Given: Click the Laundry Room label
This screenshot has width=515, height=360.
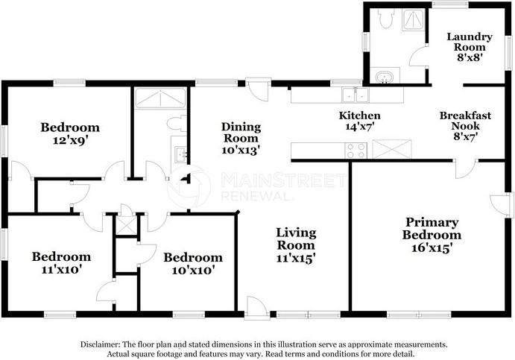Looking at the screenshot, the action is pos(470,42).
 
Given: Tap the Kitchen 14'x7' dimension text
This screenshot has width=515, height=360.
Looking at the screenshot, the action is pos(360,127).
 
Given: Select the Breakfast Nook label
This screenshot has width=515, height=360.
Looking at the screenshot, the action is pos(465,121).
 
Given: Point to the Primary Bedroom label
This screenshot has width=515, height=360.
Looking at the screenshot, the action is pos(432,229).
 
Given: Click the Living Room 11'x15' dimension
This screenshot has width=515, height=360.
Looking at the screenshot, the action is pos(296,259).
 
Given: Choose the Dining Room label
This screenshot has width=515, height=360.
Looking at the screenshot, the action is pos(241,132).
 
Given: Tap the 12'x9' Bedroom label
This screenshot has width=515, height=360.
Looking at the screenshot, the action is pos(70,127).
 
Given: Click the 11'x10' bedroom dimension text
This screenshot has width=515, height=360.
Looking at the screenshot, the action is pos(61,270).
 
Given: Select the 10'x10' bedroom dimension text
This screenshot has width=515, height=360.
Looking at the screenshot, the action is pos(194,271).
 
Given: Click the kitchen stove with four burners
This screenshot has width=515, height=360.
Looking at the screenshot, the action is pos(356,151).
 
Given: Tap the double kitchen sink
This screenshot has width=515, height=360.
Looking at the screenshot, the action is pos(355,95).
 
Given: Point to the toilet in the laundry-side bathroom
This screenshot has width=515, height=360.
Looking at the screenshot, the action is pos(385,19).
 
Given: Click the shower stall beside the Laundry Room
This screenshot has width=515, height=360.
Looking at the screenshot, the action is pos(414,19).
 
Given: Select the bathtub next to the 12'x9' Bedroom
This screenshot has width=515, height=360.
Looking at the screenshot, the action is pos(160,98).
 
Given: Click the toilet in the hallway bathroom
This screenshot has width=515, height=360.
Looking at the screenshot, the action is pos(177,124).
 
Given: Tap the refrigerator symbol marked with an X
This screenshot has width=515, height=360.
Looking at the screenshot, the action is pos(392,149).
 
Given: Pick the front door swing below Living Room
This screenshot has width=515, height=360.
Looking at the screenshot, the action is pos(258,307).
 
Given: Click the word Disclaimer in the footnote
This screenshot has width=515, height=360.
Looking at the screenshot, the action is pos(100,344).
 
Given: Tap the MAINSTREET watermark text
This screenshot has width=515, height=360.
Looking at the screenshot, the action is pos(283,180).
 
